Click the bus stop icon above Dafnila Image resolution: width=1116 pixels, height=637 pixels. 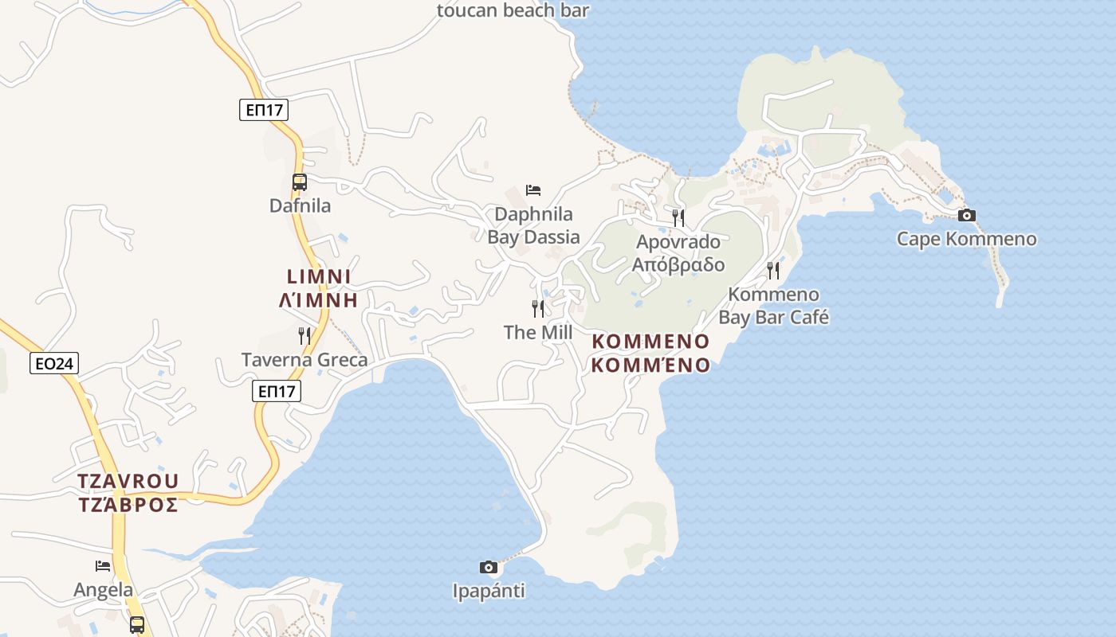coord(300,182)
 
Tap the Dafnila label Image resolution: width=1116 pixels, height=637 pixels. coord(300,205)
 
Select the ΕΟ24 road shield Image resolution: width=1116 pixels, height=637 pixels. coord(54,364)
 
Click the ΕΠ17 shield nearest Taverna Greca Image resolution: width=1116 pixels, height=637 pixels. coord(277,391)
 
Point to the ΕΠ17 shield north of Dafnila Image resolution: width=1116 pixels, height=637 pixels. coord(264,110)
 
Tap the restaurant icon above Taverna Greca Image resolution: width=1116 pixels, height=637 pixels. coord(304,336)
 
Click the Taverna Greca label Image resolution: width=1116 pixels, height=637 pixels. coord(305,360)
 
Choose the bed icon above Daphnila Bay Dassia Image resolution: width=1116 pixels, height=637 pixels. coord(533,190)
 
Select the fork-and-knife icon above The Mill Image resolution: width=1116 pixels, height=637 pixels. coord(538,308)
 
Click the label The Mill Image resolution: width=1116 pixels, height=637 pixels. coord(538,332)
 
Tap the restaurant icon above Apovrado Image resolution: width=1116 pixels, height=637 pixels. coord(678,217)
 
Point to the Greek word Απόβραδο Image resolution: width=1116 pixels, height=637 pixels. coord(678,264)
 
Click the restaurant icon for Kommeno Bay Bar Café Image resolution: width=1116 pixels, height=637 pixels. coord(772,271)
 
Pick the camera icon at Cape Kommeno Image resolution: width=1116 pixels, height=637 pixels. coord(966,215)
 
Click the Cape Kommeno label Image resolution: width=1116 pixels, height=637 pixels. coord(966,239)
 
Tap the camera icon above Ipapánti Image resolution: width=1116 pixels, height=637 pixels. coord(489,567)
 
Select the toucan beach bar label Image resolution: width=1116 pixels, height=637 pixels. coord(513,10)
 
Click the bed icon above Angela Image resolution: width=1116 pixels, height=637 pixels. coord(103,566)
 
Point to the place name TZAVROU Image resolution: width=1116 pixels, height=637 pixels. coord(128,482)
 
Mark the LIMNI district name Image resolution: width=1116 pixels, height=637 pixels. coord(319,276)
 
